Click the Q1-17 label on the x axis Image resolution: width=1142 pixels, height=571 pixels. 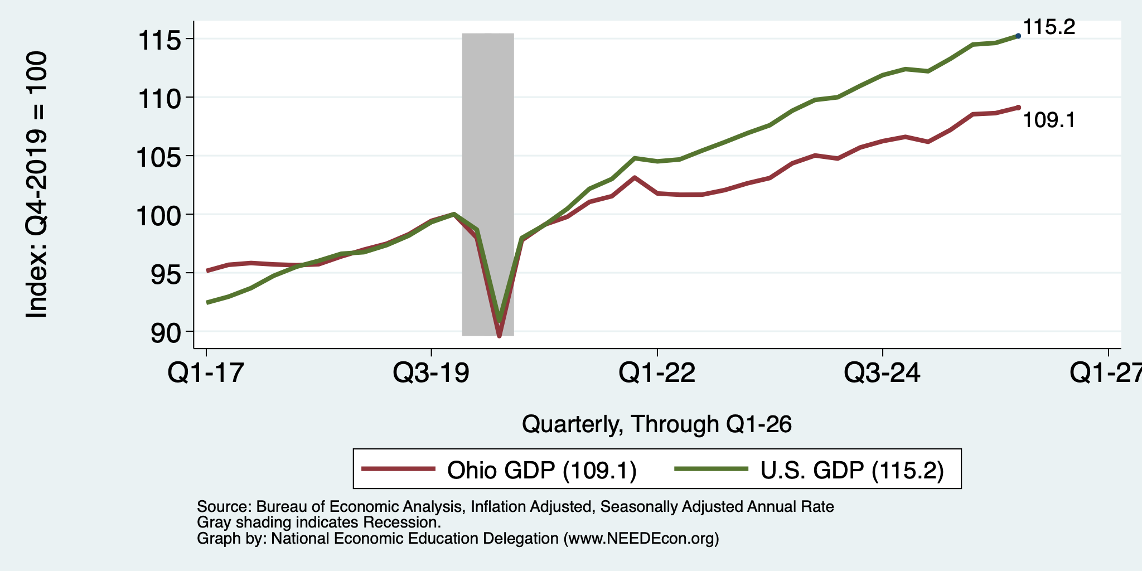pyautogui.click(x=206, y=372)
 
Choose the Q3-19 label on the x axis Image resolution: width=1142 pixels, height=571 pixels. pyautogui.click(x=431, y=372)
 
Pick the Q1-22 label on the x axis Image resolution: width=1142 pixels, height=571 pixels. pyautogui.click(x=657, y=372)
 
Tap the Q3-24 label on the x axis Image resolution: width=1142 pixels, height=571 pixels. pyautogui.click(x=883, y=372)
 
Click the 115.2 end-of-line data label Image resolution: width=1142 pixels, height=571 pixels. pyautogui.click(x=1049, y=27)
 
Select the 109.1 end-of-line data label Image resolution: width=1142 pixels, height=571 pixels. pyautogui.click(x=1049, y=120)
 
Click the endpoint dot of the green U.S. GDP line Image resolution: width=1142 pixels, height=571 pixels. pyautogui.click(x=1018, y=36)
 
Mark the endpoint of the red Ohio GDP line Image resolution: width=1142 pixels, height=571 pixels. pyautogui.click(x=1018, y=107)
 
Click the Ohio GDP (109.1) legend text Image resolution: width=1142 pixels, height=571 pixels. pyautogui.click(x=542, y=470)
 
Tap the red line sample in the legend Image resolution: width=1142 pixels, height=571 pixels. pyautogui.click(x=398, y=469)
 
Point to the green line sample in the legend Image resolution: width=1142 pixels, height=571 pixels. pyautogui.click(x=712, y=469)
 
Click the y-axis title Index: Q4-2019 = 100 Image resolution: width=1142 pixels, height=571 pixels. pyautogui.click(x=37, y=185)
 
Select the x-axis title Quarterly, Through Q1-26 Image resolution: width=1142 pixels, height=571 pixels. pyautogui.click(x=657, y=424)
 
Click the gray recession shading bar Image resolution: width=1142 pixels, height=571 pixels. pyautogui.click(x=488, y=185)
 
